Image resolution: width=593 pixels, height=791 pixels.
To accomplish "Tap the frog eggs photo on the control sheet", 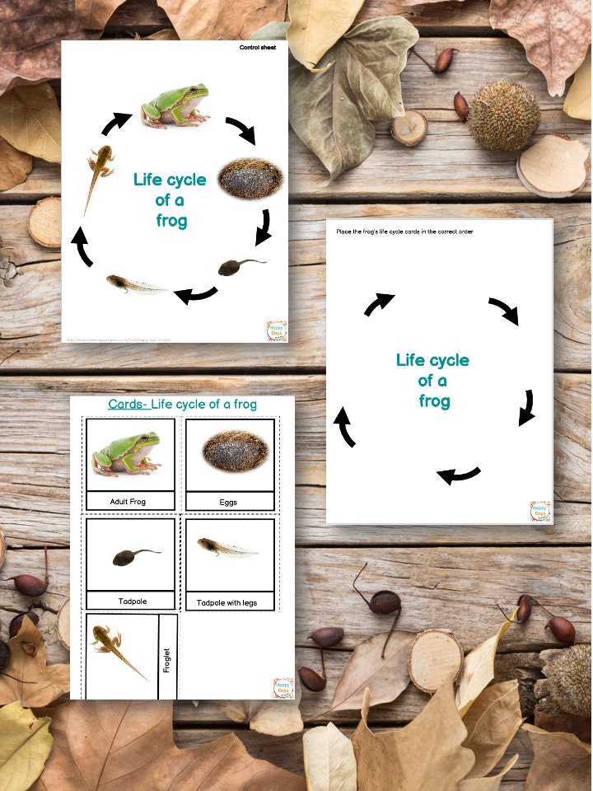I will [x=250, y=177].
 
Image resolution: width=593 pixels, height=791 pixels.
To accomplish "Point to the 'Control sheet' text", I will [x=257, y=48].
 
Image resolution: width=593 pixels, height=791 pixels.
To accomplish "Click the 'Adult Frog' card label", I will [x=130, y=501].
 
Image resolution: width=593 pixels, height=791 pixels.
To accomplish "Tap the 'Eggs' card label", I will [x=230, y=501].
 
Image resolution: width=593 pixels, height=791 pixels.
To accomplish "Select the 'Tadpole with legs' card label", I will [x=226, y=602].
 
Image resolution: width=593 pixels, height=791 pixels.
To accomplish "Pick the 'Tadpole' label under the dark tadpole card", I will [x=130, y=601].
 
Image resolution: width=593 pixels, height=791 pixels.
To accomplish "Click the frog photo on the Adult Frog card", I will [x=127, y=453].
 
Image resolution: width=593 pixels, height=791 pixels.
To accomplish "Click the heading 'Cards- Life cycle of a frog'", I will [x=182, y=405].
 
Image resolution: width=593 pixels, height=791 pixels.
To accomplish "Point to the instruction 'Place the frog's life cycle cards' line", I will [x=404, y=232].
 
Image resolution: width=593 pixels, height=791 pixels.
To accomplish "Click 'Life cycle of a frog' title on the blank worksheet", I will [x=432, y=381].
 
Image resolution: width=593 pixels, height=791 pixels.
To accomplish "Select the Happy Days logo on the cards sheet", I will [x=282, y=688].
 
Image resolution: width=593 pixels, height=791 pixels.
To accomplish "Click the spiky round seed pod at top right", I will [x=503, y=115].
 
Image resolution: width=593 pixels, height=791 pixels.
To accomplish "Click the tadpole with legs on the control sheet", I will [x=136, y=284].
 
